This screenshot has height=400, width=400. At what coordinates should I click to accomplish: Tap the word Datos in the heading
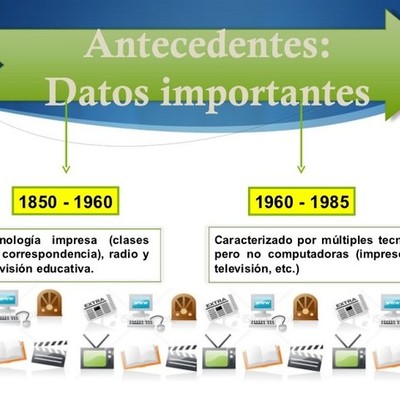(98, 92)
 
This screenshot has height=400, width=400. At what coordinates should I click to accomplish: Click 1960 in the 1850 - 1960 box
(92, 202)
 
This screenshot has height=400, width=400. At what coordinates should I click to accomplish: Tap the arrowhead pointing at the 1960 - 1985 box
(301, 167)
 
